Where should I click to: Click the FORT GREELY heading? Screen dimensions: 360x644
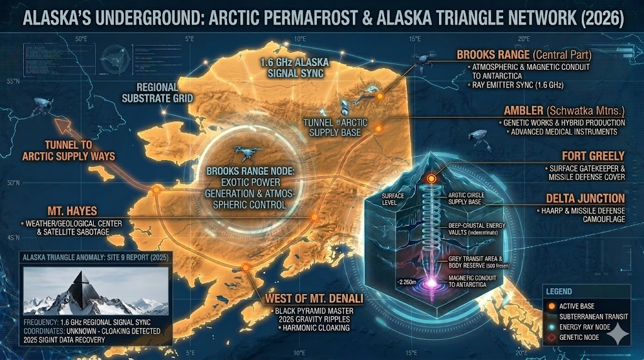coord(593,155)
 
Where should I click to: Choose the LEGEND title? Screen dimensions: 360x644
coord(559,291)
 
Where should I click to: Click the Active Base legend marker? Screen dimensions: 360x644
coord(553,305)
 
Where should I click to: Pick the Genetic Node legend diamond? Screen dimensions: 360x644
coord(553,338)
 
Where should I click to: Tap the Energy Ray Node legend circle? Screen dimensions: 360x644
coord(553,327)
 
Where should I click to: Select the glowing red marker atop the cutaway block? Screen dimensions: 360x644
coord(431,179)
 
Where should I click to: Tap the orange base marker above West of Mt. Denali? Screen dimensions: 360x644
coord(246,267)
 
